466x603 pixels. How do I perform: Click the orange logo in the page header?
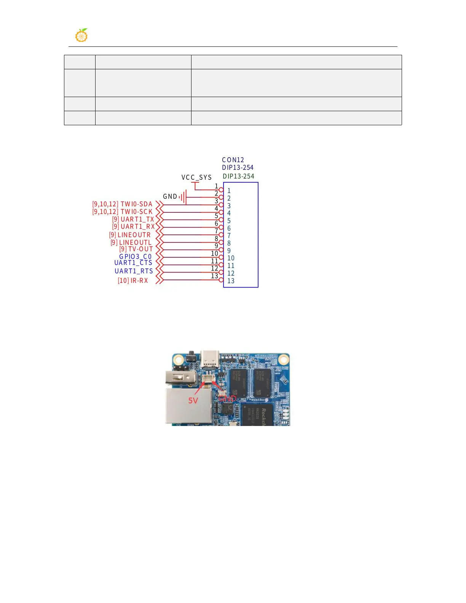point(81,35)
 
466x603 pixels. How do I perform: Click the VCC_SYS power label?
point(196,177)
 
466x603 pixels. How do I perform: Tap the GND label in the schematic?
point(170,196)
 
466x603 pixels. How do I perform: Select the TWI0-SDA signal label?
point(136,204)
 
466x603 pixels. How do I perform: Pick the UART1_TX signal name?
point(137,219)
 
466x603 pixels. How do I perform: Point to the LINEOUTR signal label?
point(134,235)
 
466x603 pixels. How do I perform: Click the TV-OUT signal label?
point(140,249)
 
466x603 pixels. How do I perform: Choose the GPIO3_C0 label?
point(135,257)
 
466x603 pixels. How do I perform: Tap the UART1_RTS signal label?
point(134,271)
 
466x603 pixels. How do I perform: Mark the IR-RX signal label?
point(139,281)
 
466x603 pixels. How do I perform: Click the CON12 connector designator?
point(233,160)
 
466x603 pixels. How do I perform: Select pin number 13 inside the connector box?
point(231,281)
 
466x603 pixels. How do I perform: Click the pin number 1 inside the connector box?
point(229,191)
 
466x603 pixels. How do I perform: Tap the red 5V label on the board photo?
point(193,400)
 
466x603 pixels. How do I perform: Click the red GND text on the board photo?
point(227,399)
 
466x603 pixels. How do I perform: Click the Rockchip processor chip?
point(257,415)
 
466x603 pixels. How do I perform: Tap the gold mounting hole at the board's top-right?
point(283,360)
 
